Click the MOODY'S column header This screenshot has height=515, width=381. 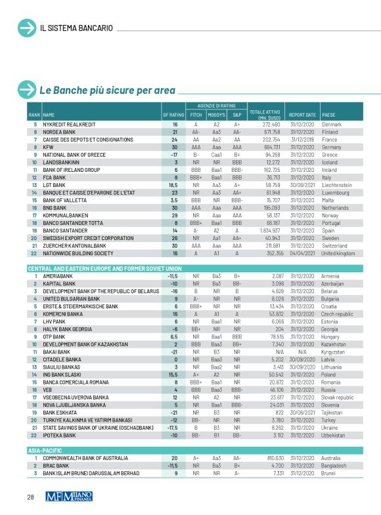(x=216, y=115)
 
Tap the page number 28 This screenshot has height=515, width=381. (x=30, y=497)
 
